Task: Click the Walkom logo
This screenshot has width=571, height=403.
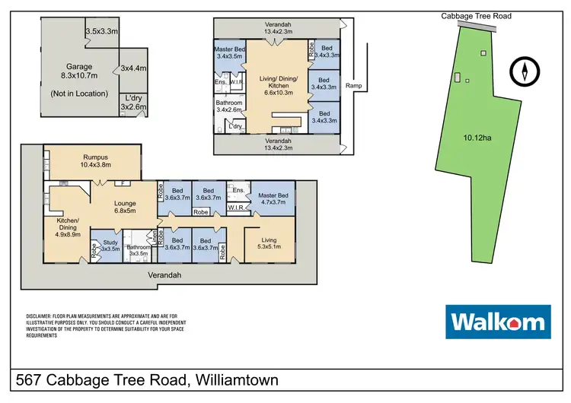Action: (497, 322)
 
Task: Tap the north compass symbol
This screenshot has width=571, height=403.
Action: (524, 73)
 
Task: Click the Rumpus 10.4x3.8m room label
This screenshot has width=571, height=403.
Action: (91, 160)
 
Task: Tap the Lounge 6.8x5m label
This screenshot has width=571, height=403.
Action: (124, 208)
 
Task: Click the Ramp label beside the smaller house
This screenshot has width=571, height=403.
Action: (353, 86)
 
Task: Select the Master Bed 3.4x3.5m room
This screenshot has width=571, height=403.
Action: (228, 52)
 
